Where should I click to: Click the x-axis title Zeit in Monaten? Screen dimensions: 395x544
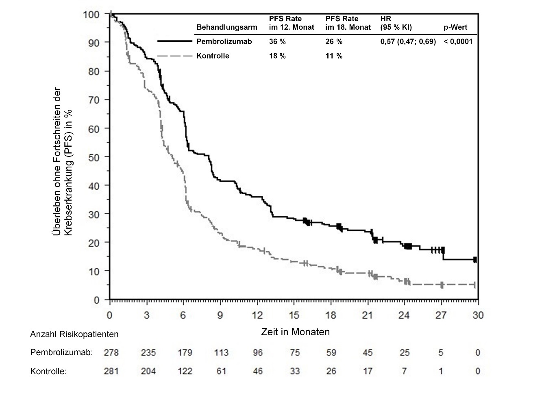point(295,332)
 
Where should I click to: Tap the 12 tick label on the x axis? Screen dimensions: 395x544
point(257,315)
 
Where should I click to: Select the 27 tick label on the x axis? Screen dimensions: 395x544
point(441,315)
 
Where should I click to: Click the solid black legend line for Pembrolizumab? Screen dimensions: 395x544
point(174,41)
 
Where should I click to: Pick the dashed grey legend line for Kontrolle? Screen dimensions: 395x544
point(174,56)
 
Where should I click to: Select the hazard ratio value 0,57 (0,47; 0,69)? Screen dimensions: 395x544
point(408,41)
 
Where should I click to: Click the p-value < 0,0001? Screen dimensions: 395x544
point(458,41)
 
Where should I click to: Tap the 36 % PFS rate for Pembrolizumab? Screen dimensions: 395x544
point(277,41)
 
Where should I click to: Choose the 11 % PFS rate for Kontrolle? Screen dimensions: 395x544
point(334,56)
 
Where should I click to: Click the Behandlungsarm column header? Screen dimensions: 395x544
point(226,28)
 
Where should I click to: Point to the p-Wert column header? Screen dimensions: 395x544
point(455,28)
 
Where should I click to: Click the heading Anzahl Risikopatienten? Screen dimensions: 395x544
point(74,334)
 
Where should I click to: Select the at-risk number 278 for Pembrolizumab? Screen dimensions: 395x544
point(111,353)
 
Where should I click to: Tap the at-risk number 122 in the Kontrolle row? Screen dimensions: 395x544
point(185,371)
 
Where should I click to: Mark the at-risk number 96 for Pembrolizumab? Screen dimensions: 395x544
point(258,353)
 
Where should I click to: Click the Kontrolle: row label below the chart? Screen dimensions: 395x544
point(48,371)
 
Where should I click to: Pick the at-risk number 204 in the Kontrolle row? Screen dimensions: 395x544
point(148,371)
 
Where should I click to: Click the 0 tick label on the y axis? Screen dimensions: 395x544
point(96,300)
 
